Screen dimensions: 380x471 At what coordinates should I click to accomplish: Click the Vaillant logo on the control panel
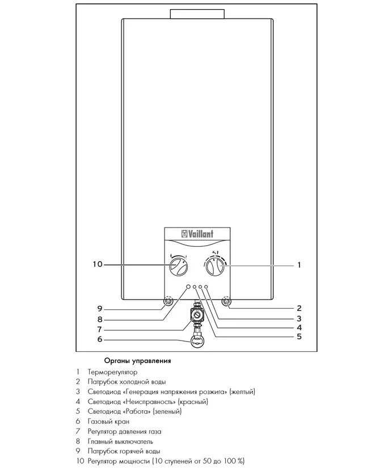click(x=197, y=234)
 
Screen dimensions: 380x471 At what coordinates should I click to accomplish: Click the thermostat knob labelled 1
click(x=215, y=266)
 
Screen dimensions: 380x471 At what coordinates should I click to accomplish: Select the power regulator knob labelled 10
click(x=178, y=266)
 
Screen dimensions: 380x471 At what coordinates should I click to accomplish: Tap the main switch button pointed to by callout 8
click(x=188, y=287)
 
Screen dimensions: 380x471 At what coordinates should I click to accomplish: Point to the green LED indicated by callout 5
click(x=195, y=287)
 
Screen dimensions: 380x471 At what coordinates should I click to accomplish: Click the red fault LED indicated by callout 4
click(x=200, y=287)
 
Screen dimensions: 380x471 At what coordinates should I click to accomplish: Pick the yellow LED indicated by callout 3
click(x=206, y=287)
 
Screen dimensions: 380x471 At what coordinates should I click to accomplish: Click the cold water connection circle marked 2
click(x=226, y=301)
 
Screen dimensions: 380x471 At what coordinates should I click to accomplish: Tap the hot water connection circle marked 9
click(x=168, y=301)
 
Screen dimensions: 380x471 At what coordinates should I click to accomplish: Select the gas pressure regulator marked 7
click(x=197, y=315)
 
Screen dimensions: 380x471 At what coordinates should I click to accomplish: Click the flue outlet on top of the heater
click(x=197, y=14)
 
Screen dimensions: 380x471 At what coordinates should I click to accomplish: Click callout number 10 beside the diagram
click(x=98, y=264)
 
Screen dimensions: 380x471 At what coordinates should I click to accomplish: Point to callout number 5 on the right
click(x=299, y=336)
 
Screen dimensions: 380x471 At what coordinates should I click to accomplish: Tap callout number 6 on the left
click(x=100, y=339)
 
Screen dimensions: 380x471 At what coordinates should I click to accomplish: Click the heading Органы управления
click(x=137, y=361)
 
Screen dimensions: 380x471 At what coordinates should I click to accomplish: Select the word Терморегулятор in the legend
click(x=112, y=372)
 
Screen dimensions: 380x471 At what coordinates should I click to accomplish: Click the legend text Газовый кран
click(x=108, y=422)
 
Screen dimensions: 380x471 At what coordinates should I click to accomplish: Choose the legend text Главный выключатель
click(x=120, y=441)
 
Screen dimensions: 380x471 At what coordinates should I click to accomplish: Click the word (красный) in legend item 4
click(x=193, y=402)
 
